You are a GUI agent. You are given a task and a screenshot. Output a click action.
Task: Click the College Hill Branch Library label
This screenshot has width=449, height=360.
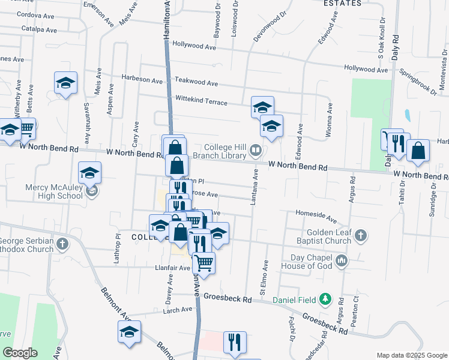(225, 151)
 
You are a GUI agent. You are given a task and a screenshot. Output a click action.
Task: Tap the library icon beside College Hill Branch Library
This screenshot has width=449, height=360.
(256, 150)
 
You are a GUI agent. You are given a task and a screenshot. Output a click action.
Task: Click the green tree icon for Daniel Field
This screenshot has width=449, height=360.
(325, 298)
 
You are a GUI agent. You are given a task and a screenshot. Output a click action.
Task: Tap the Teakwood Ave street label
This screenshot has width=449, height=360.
(196, 82)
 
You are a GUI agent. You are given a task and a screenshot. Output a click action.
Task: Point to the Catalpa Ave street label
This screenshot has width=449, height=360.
(38, 29)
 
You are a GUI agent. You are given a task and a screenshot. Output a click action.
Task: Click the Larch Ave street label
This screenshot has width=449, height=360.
(178, 310)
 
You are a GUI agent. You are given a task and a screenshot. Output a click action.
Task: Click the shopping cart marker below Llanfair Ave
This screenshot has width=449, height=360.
(204, 262)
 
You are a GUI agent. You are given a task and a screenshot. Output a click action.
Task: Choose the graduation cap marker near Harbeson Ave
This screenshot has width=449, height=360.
(66, 83)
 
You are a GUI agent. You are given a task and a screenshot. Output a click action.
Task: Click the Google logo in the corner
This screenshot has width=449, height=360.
(20, 352)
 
